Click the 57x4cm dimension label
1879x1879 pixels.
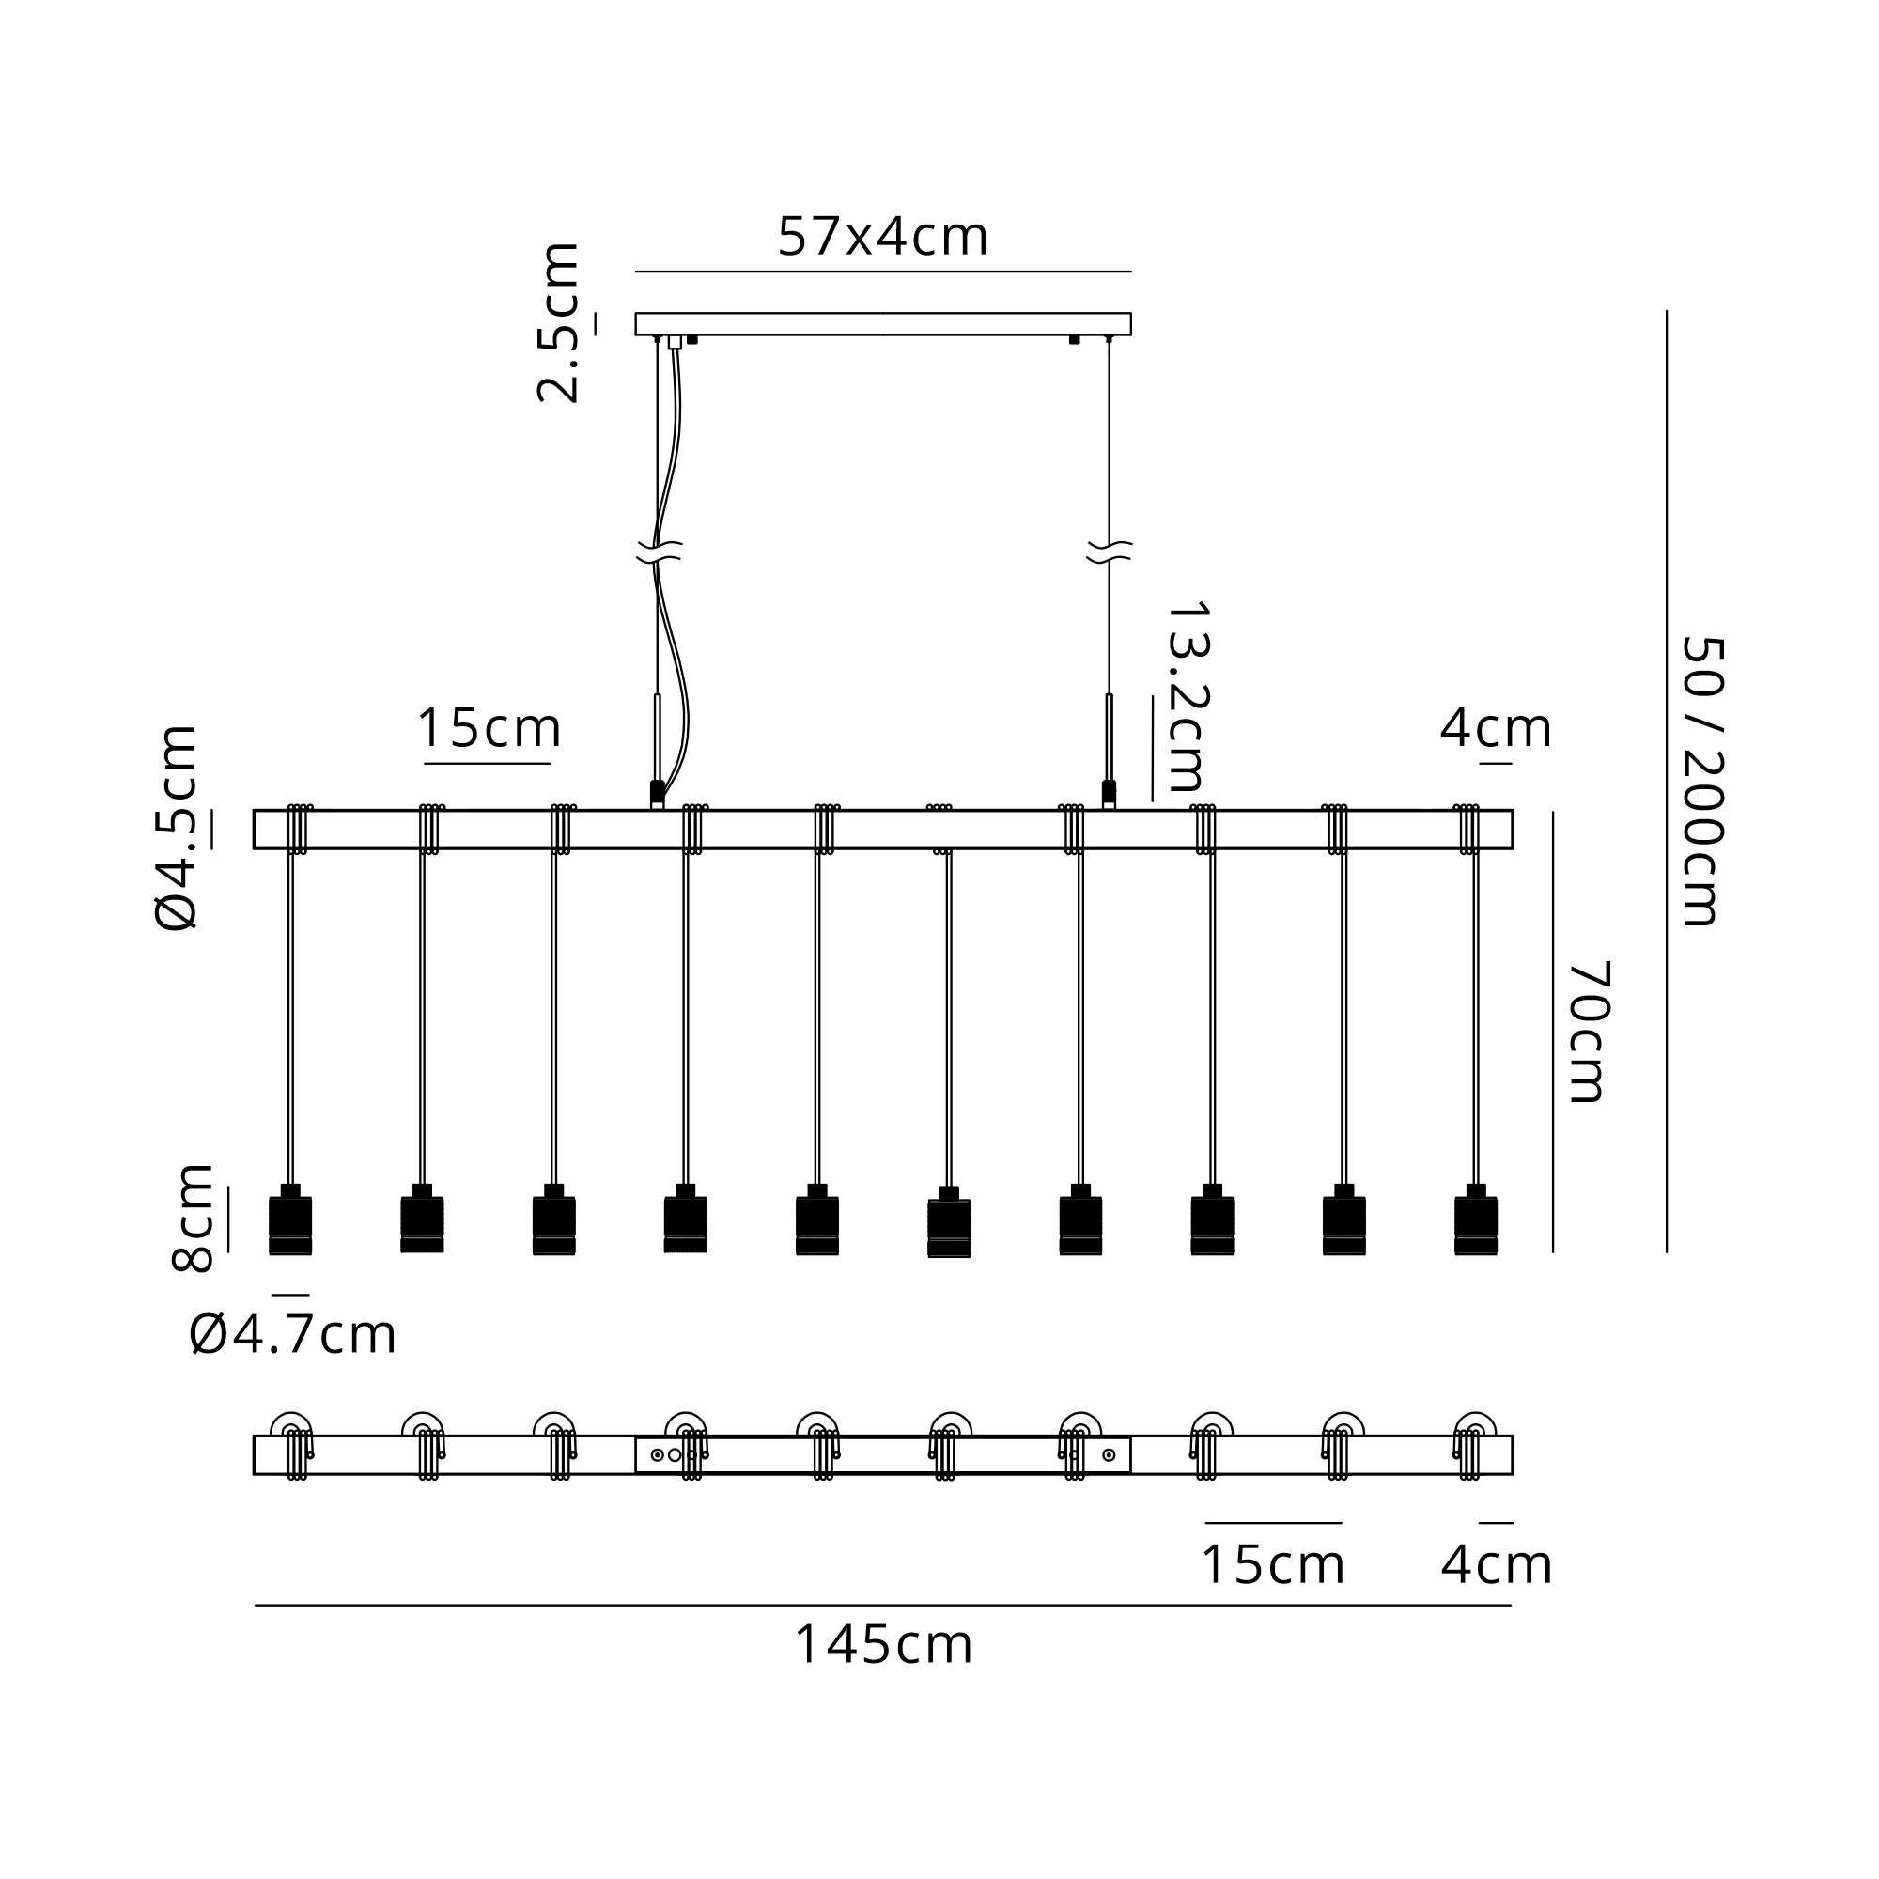point(883,238)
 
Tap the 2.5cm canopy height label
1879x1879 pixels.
point(559,322)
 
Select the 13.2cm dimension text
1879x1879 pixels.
point(1188,696)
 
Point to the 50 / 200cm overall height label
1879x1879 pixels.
point(1701,781)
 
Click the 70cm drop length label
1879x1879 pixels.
point(1588,1031)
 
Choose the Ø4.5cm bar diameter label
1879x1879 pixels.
point(177,828)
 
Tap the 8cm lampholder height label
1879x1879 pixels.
point(193,1218)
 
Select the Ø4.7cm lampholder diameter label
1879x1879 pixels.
point(293,1334)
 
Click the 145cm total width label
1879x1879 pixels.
point(884,1646)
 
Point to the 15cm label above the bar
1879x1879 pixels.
point(489,727)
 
